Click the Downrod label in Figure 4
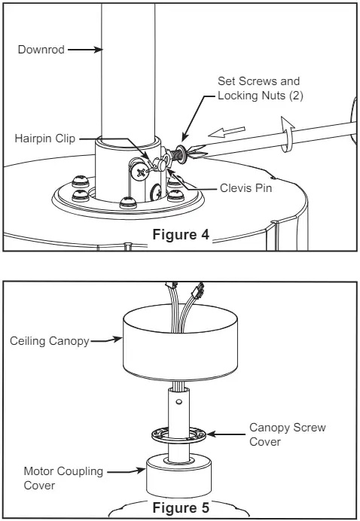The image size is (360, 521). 41,50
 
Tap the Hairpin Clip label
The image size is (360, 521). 45,139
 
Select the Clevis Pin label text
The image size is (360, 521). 246,188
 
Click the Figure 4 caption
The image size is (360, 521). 181,235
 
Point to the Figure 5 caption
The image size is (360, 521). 181,507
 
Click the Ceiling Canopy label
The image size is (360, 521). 50,341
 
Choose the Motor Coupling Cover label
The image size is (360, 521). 63,478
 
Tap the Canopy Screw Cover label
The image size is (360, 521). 288,434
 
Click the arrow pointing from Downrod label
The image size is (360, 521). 85,50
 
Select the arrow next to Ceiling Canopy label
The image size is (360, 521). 106,340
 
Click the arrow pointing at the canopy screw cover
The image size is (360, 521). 226,434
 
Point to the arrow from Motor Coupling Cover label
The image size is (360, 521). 127,471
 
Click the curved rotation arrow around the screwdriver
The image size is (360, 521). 287,134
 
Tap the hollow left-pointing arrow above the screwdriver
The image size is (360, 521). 227,132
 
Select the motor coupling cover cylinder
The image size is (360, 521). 178,476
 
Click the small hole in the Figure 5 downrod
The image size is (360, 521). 179,402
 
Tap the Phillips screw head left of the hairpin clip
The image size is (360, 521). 139,172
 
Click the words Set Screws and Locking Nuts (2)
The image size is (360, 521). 261,88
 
